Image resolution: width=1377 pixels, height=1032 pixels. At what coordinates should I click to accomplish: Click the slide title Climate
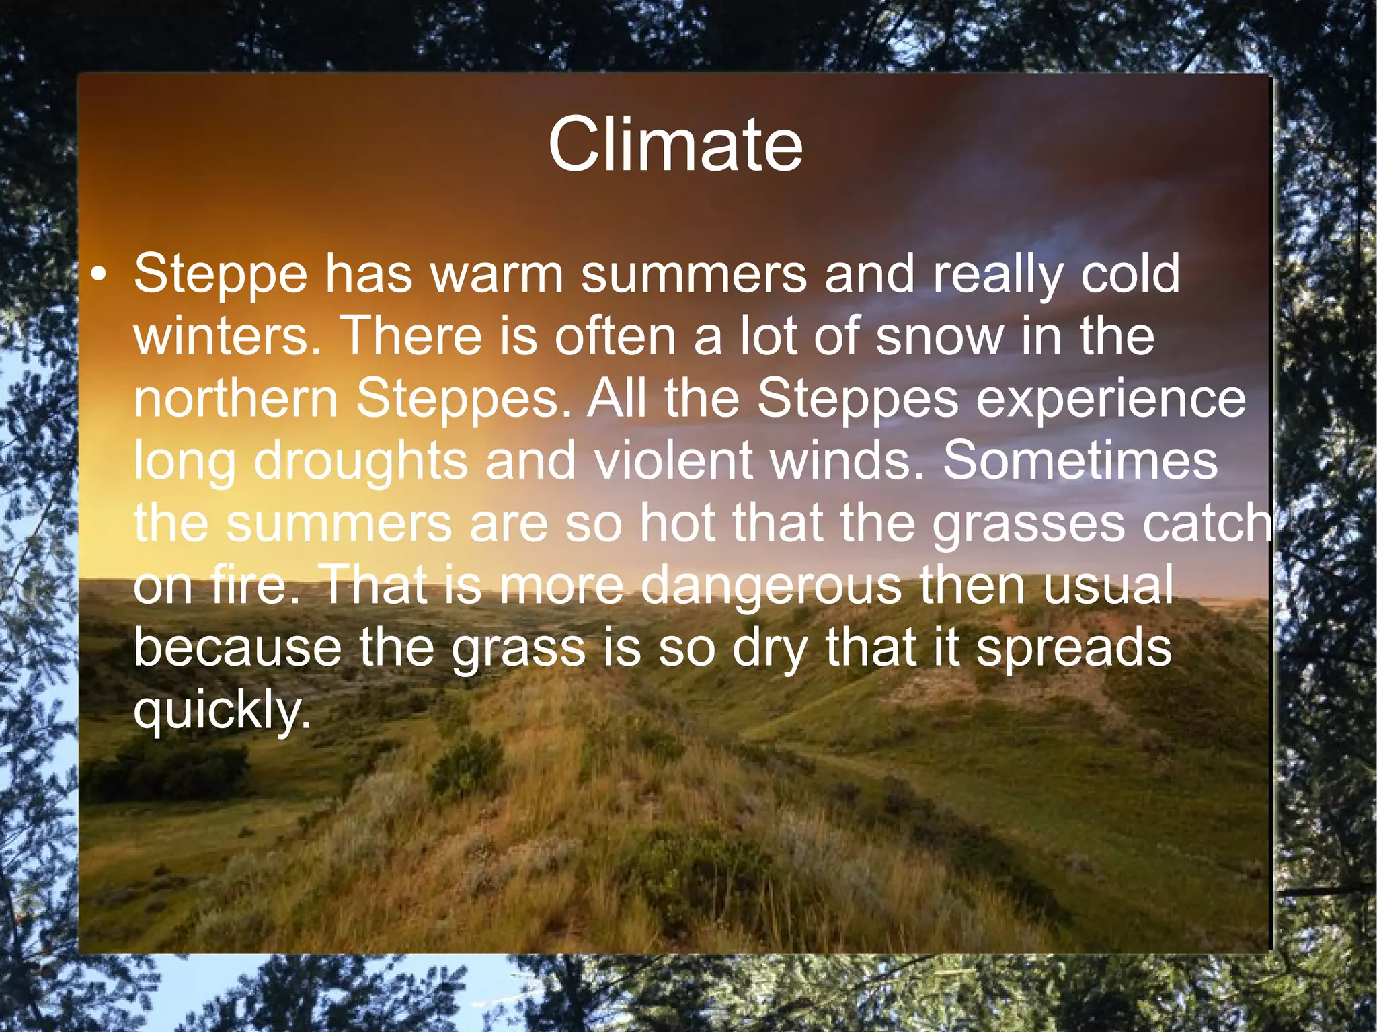coord(675,145)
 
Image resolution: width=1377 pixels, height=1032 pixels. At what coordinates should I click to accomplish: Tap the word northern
coord(235,398)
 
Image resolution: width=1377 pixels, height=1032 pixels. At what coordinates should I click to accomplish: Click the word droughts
coord(360,461)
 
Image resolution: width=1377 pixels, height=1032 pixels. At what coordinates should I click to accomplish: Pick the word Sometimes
coord(1080,461)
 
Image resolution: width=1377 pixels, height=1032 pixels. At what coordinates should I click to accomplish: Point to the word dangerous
coord(771,585)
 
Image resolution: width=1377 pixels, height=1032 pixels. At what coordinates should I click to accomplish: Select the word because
coord(237,647)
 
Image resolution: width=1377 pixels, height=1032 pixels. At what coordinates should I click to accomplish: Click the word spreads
coord(1074,647)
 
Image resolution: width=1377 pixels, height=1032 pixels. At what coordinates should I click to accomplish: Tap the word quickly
coord(223,710)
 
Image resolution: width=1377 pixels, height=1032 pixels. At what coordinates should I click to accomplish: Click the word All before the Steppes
coord(617,398)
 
